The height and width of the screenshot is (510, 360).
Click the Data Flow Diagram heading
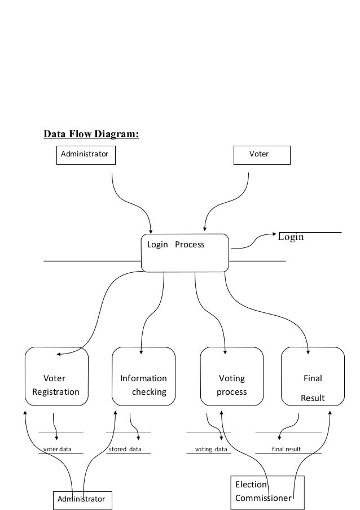(x=91, y=134)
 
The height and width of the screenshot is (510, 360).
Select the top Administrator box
(x=86, y=154)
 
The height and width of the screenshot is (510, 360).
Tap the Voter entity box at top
(x=262, y=154)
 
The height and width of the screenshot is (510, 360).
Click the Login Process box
(x=185, y=252)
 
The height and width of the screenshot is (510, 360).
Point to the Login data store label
(x=291, y=237)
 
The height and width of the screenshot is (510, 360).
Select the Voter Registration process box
(x=56, y=377)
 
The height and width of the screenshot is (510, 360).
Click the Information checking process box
(x=143, y=377)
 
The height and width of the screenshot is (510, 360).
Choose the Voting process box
(x=232, y=377)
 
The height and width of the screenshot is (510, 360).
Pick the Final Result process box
(x=313, y=377)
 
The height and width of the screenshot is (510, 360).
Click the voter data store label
(x=58, y=450)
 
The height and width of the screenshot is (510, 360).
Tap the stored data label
(x=125, y=450)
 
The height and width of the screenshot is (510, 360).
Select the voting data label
(x=211, y=450)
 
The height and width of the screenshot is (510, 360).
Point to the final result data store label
(x=286, y=450)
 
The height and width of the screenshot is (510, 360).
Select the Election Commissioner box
(x=268, y=492)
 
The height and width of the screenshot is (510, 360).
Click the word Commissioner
(x=263, y=499)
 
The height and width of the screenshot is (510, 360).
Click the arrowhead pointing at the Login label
(x=273, y=233)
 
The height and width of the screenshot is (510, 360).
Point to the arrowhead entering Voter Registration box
(x=59, y=355)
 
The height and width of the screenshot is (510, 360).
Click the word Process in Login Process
(x=190, y=245)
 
